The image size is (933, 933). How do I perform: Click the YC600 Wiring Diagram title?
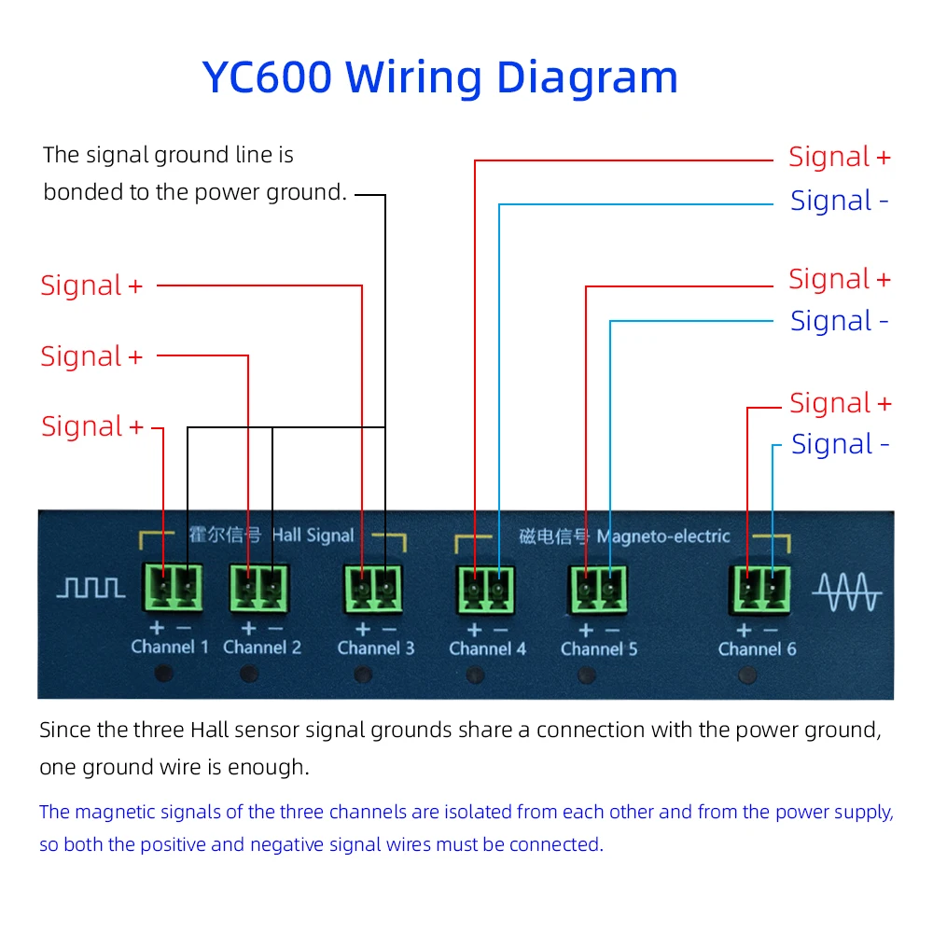[439, 77]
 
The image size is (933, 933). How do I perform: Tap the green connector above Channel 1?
[174, 587]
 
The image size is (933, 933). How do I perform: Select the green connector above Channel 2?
[259, 587]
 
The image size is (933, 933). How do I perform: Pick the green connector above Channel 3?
[373, 588]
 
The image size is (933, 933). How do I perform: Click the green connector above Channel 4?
[486, 589]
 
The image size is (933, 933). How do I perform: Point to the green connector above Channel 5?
[598, 589]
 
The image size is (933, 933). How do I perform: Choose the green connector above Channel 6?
[759, 589]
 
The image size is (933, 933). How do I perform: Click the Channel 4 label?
[487, 648]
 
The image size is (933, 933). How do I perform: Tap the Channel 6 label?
[758, 648]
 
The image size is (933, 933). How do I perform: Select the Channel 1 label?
[170, 647]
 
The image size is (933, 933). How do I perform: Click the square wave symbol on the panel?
[91, 587]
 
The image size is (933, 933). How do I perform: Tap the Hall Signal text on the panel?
[313, 536]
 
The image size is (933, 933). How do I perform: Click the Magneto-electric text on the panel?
[663, 536]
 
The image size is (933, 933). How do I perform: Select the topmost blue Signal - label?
[839, 201]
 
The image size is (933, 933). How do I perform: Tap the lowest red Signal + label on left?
[92, 426]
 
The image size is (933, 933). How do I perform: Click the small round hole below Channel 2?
[248, 673]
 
